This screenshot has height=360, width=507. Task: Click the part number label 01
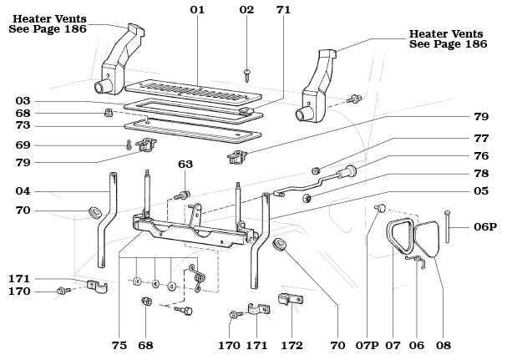pos(197,10)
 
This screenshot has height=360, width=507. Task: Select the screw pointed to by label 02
pos(248,75)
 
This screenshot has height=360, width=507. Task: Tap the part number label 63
pos(185,165)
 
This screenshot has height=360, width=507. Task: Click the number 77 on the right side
pos(481,139)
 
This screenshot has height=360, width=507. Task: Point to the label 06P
pos(485,226)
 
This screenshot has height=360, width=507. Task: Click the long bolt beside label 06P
pos(448,226)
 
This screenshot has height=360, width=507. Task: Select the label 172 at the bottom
pos(292,346)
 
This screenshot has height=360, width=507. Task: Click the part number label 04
pos(23,191)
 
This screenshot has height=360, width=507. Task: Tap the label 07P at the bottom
pos(367,346)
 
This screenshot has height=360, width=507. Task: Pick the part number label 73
pos(23,125)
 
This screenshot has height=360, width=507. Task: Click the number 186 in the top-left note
pos(76,28)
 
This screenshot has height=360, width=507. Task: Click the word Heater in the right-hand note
pos(427,33)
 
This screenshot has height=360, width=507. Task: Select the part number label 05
pos(481,190)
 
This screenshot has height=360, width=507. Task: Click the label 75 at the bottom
pos(119,346)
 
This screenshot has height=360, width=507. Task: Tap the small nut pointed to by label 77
pos(316,170)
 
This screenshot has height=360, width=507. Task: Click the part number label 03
pos(23,101)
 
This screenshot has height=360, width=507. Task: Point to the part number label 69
pos(23,145)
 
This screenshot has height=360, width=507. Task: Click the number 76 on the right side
pos(481,156)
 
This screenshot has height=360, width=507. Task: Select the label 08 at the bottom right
pos(444,346)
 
